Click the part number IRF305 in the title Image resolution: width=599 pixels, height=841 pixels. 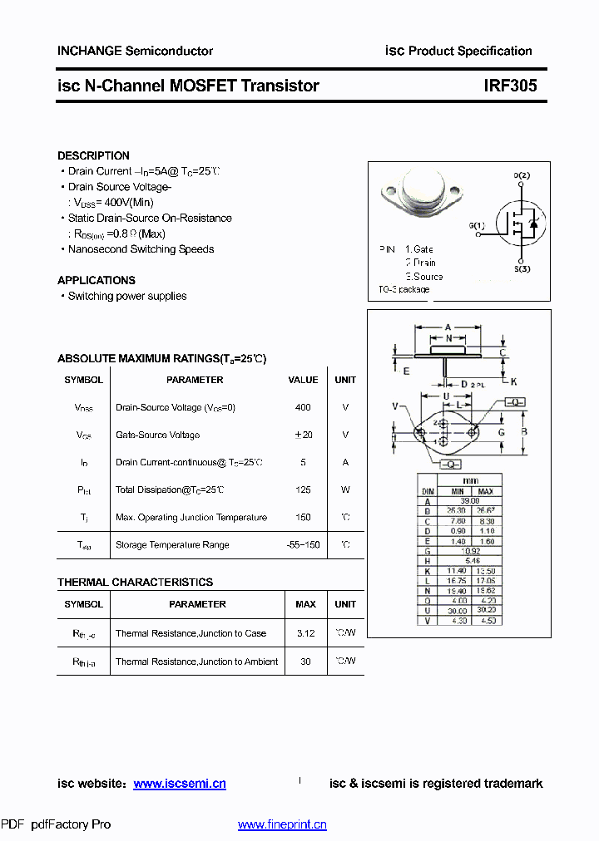510,86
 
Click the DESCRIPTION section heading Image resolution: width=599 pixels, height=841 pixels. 93,155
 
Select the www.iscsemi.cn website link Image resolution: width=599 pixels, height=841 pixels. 179,784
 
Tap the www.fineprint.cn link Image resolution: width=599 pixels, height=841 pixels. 282,824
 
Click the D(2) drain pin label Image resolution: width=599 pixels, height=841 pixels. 522,175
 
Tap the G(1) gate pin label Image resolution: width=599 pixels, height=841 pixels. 476,225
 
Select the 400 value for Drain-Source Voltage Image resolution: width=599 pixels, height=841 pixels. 303,407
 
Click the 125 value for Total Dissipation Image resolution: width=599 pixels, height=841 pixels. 303,489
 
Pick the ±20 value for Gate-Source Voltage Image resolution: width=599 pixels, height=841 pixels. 303,435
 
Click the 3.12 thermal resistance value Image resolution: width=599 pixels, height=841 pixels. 305,633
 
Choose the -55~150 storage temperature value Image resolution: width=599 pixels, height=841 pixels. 303,544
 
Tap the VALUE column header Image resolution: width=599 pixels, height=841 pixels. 303,380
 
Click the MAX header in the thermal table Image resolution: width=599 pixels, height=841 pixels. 305,604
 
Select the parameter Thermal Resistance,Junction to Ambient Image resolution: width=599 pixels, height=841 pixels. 197,661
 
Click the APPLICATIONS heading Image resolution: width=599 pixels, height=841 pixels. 97,280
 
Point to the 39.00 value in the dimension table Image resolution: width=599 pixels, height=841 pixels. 470,501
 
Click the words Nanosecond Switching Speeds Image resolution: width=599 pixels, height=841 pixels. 141,249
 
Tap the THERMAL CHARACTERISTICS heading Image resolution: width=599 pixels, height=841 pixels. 135,582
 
